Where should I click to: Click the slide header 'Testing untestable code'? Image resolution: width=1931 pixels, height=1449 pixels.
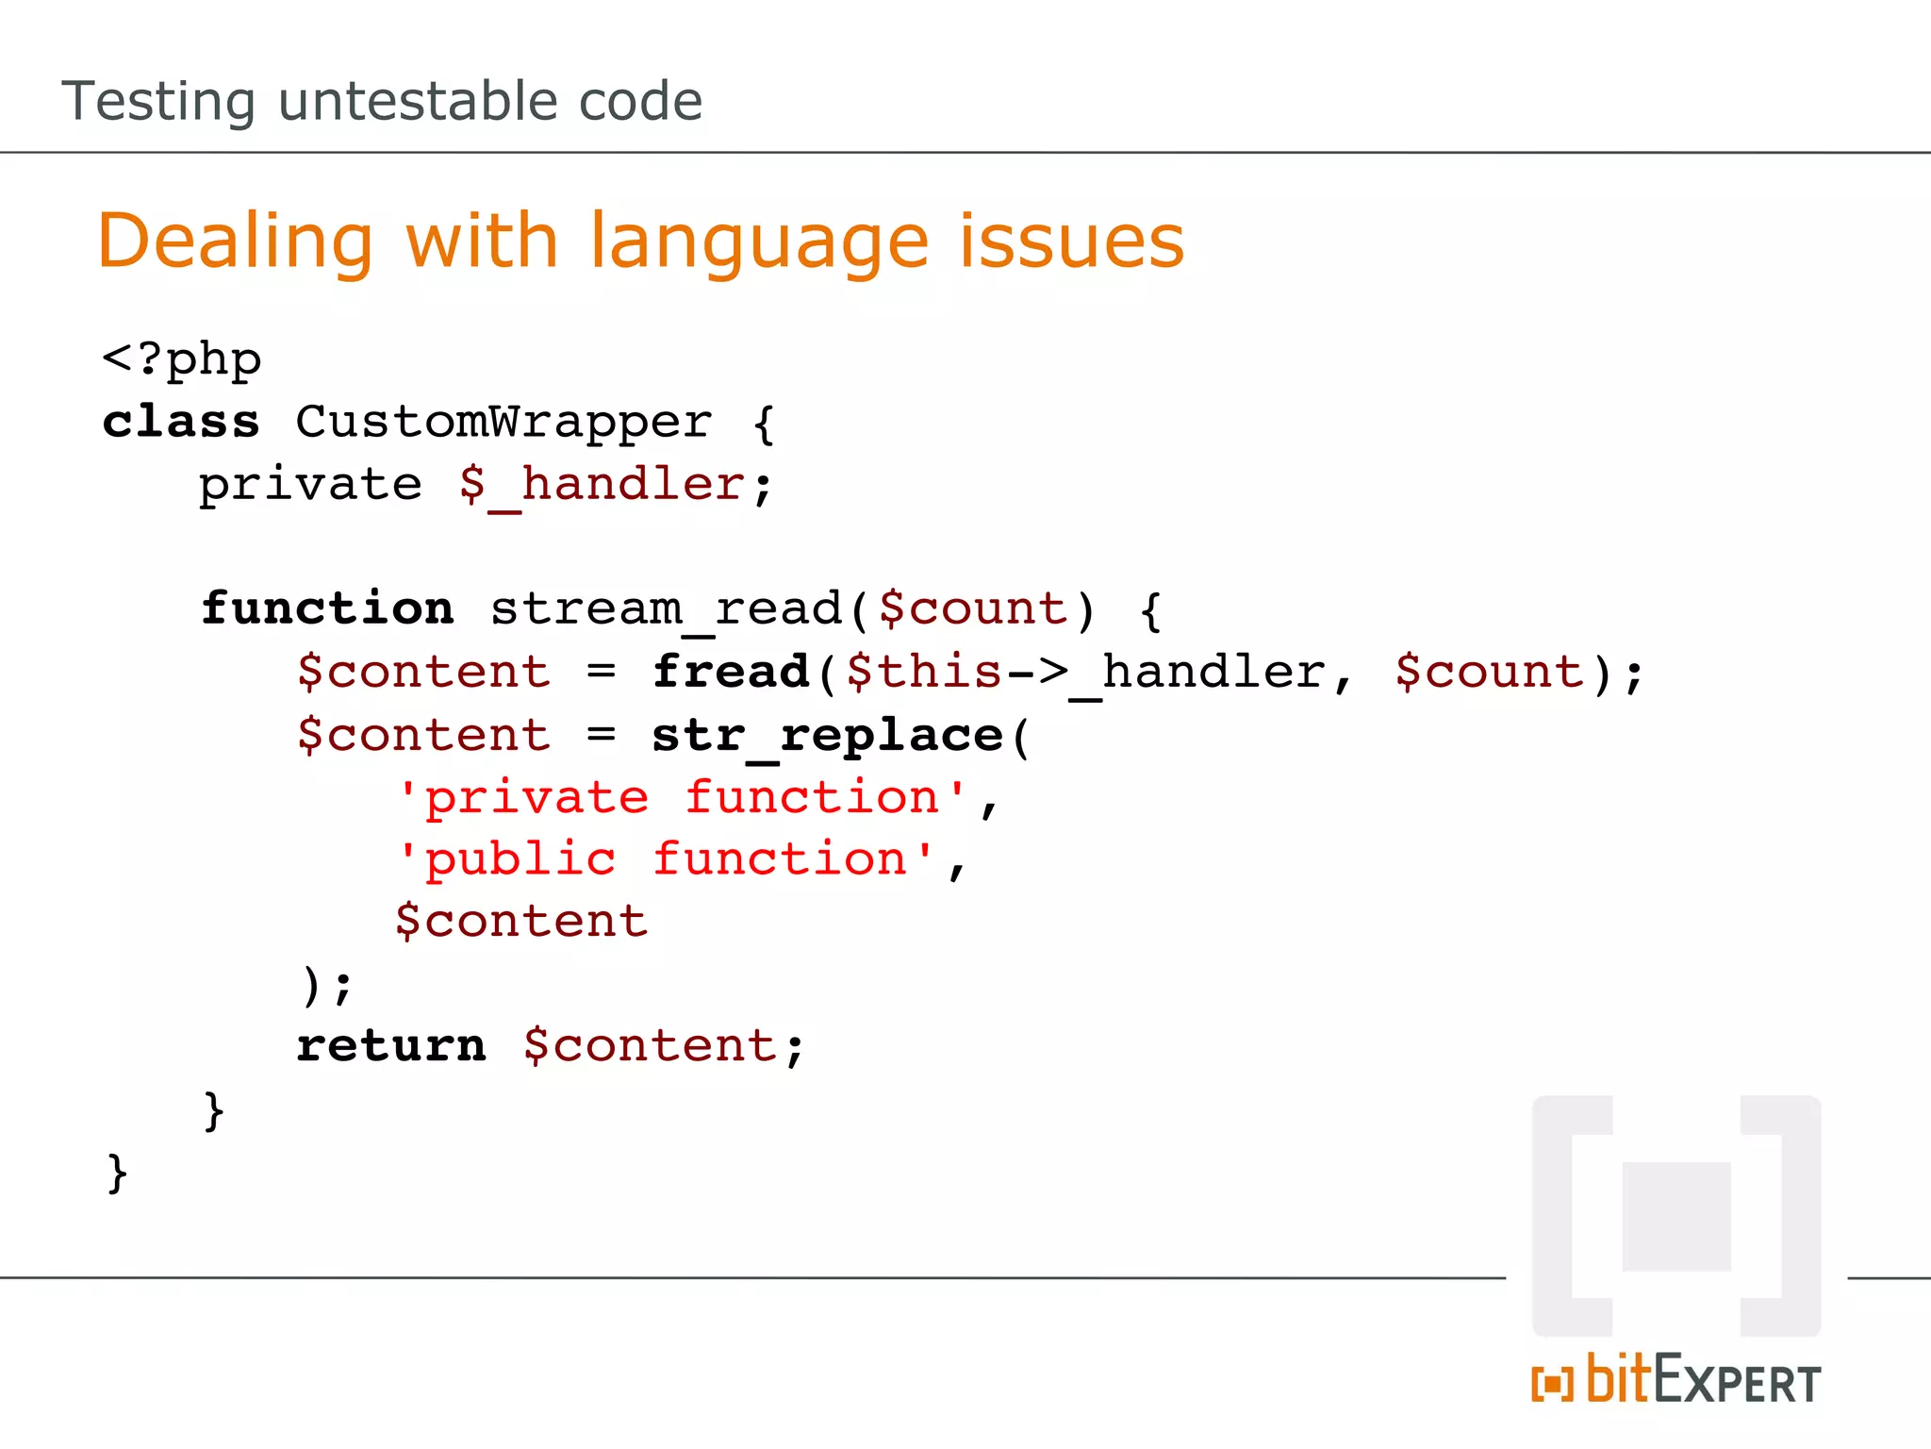pyautogui.click(x=382, y=101)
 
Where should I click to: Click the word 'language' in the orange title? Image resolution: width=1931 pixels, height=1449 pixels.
pyautogui.click(x=759, y=243)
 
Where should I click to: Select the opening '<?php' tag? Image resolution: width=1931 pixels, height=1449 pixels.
pyautogui.click(x=181, y=359)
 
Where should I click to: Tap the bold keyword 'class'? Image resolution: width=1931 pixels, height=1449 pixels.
pyautogui.click(x=181, y=422)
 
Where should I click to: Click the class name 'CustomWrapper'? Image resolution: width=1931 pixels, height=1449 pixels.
pyautogui.click(x=503, y=422)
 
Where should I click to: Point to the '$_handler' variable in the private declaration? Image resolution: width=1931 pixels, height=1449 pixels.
pyautogui.click(x=602, y=485)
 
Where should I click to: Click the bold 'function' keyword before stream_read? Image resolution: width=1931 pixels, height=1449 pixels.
pyautogui.click(x=327, y=608)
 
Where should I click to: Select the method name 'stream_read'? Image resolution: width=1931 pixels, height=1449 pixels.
pyautogui.click(x=666, y=608)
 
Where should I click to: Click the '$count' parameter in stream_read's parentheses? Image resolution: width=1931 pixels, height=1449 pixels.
pyautogui.click(x=973, y=608)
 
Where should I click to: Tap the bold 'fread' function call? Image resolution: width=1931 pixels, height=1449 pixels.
pyautogui.click(x=731, y=672)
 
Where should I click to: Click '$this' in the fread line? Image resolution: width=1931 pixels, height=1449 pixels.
pyautogui.click(x=924, y=672)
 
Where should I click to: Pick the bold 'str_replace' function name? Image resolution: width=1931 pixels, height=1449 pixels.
pyautogui.click(x=827, y=736)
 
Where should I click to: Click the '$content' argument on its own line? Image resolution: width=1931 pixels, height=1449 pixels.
pyautogui.click(x=521, y=921)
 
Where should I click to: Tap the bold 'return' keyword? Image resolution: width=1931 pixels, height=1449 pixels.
pyautogui.click(x=391, y=1046)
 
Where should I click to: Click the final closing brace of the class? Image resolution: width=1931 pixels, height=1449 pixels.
pyautogui.click(x=117, y=1173)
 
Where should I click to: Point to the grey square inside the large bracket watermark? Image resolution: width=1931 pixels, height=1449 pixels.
pyautogui.click(x=1675, y=1216)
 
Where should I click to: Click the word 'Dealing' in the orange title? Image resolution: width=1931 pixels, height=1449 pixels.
pyautogui.click(x=236, y=241)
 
